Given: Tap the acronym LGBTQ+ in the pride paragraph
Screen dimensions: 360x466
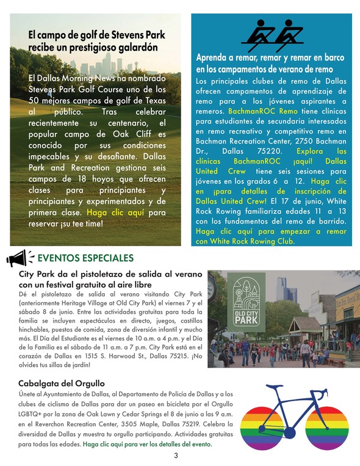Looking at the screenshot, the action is coord(32,413).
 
